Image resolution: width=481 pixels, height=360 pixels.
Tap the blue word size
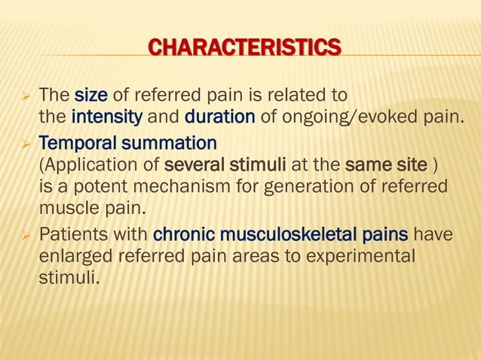pos(90,96)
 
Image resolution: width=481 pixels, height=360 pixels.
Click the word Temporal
pos(71,142)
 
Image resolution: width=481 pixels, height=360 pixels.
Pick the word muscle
pos(64,206)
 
